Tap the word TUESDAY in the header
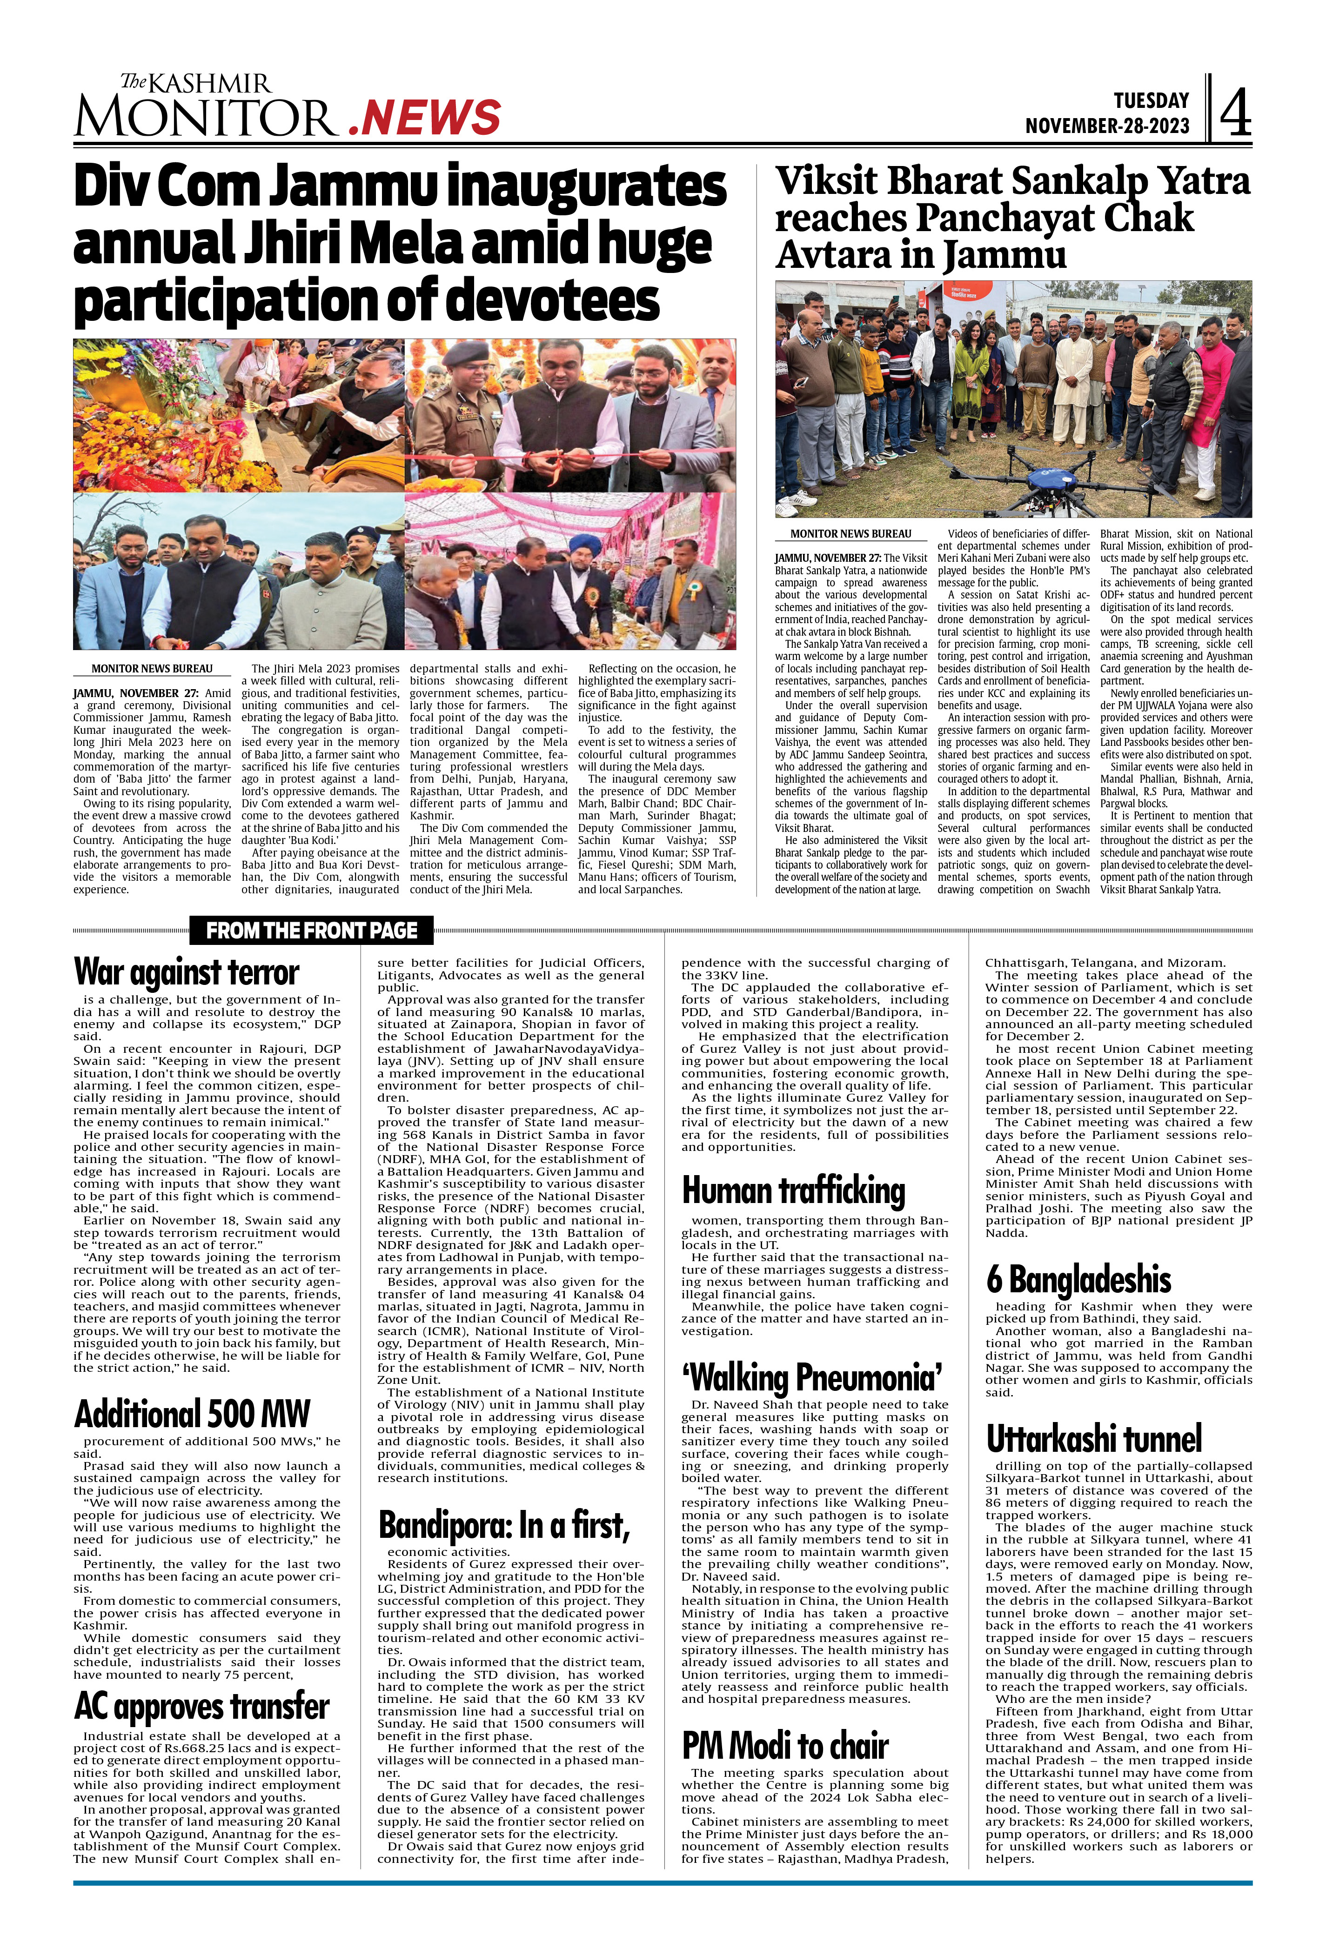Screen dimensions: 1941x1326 pyautogui.click(x=1151, y=100)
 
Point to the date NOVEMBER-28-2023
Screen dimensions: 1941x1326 pyautogui.click(x=1107, y=126)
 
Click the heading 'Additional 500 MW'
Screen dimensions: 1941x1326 pyautogui.click(x=192, y=1414)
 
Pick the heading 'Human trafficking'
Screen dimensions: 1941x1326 pyautogui.click(x=794, y=1190)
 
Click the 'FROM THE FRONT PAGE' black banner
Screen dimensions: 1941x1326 pyautogui.click(x=312, y=931)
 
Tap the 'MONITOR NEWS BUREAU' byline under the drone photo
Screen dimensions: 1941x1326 pyautogui.click(x=851, y=534)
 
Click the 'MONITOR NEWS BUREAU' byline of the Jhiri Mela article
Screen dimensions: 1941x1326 pyautogui.click(x=152, y=669)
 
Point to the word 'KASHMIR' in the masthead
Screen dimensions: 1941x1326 pyautogui.click(x=211, y=84)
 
